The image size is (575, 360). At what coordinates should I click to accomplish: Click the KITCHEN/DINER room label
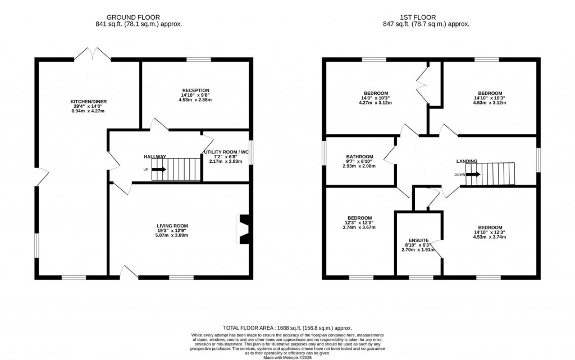pyautogui.click(x=88, y=102)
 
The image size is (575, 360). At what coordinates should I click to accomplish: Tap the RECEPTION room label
pyautogui.click(x=195, y=90)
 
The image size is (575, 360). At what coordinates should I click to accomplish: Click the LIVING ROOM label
pyautogui.click(x=172, y=226)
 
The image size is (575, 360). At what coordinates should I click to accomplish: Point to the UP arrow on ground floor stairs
pyautogui.click(x=158, y=169)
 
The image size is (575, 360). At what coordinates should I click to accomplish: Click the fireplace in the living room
pyautogui.click(x=244, y=229)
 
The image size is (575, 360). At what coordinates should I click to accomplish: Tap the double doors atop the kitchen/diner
pyautogui.click(x=92, y=54)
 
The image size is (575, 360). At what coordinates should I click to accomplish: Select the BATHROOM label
pyautogui.click(x=359, y=157)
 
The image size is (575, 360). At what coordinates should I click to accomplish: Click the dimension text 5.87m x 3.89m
pyautogui.click(x=172, y=235)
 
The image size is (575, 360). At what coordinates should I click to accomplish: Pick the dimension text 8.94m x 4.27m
pyautogui.click(x=88, y=111)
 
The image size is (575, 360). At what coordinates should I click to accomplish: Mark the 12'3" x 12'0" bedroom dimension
pyautogui.click(x=359, y=223)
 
